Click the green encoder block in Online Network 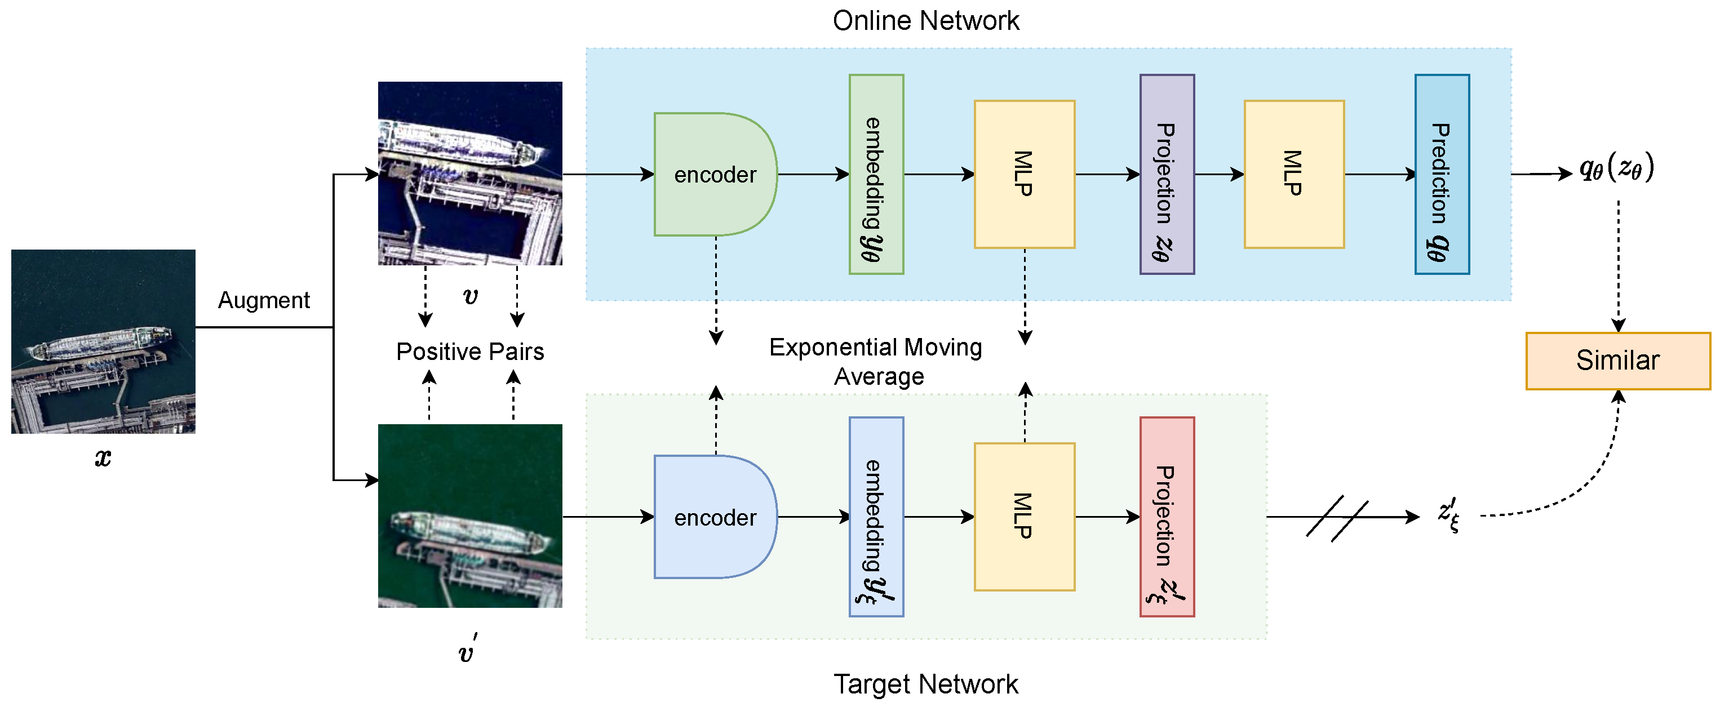[x=715, y=174]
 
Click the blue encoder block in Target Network [x=715, y=517]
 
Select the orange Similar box [x=1617, y=361]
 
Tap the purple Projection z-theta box [x=1167, y=174]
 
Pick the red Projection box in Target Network [x=1167, y=517]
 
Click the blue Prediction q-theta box [x=1442, y=174]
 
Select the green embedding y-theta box [x=876, y=174]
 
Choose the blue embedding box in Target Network [x=876, y=517]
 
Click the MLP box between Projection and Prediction [x=1293, y=174]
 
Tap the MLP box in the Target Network [x=1023, y=517]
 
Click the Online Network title [x=925, y=21]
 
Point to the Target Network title [x=925, y=684]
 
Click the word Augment [x=264, y=300]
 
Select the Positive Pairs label [x=470, y=352]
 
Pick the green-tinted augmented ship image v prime [x=470, y=515]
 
